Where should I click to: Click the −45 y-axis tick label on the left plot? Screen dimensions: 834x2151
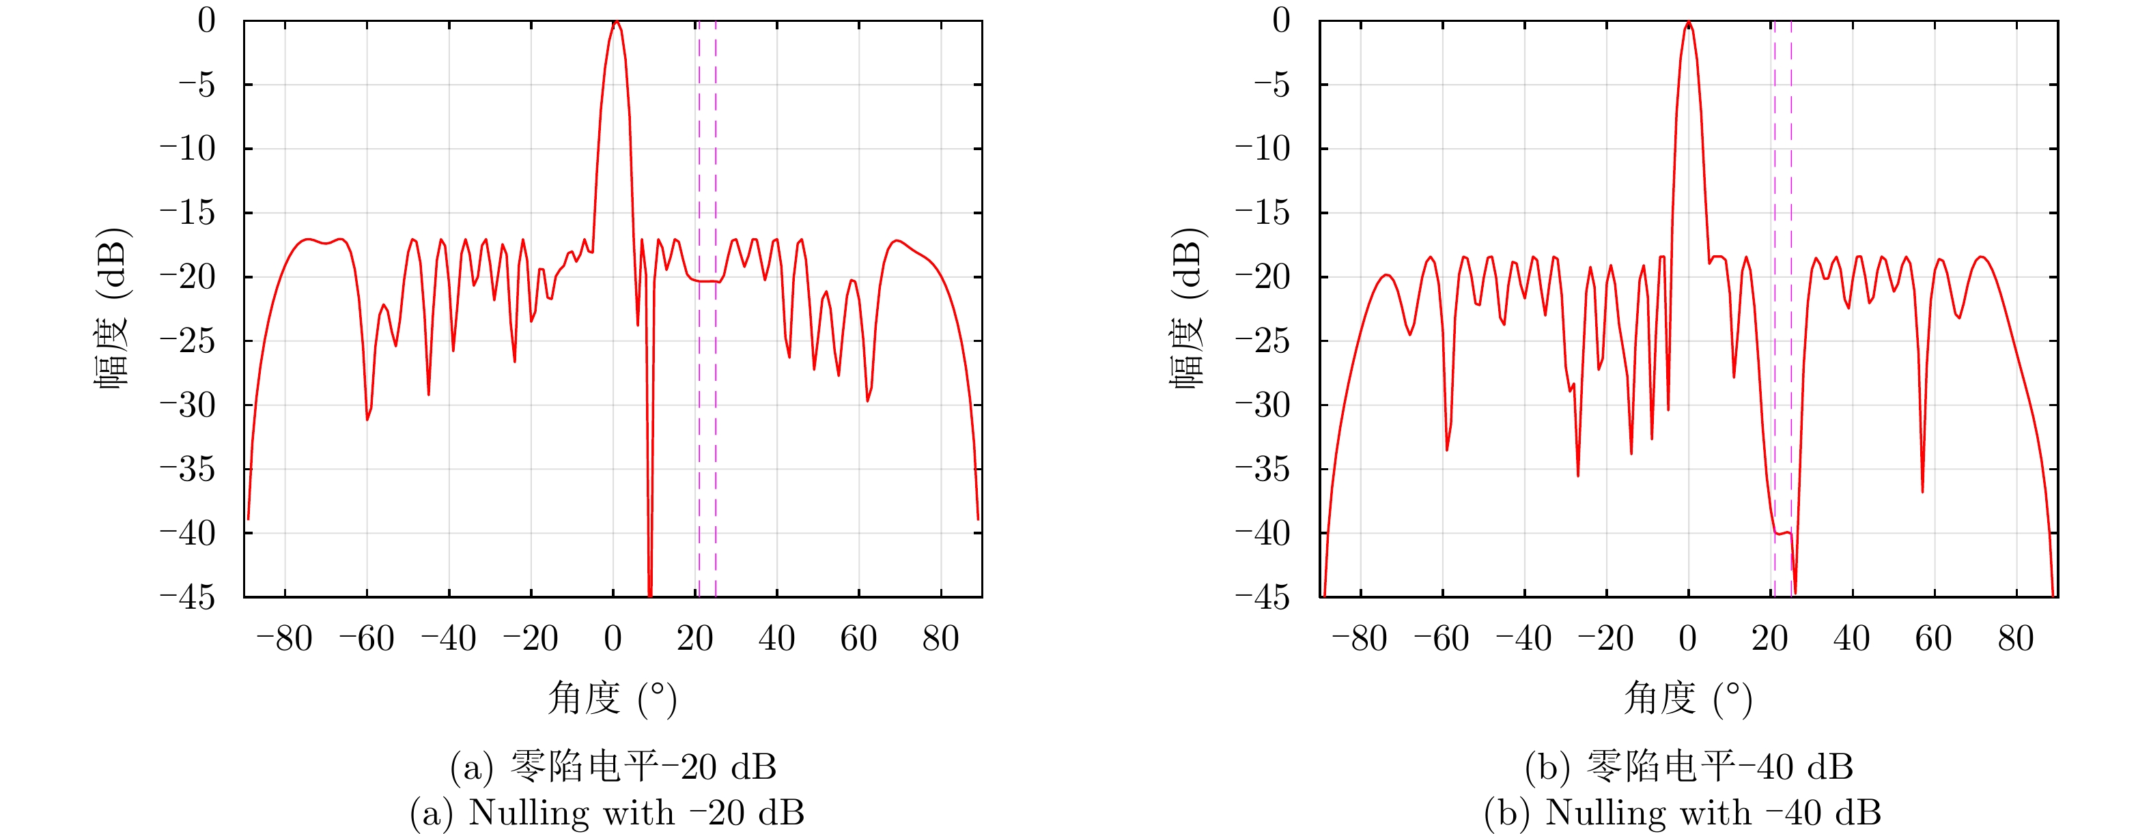coord(187,598)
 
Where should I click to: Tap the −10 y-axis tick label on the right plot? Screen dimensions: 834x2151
coord(1263,149)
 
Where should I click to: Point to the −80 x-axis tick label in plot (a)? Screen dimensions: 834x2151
coord(284,639)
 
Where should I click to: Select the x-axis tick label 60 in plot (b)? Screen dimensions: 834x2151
coord(1933,639)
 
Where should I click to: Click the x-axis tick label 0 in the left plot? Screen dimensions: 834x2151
coord(613,639)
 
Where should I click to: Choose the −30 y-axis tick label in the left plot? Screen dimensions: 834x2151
coord(187,405)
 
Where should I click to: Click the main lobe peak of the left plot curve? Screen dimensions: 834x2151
coord(615,23)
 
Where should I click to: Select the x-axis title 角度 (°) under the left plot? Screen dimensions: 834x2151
coord(612,699)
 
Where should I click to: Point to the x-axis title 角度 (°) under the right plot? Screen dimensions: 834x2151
coord(1687,699)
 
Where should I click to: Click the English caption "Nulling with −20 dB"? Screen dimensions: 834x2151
coord(607,813)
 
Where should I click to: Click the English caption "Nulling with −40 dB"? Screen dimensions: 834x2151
coord(1683,813)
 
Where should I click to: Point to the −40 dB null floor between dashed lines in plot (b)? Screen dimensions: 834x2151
coord(1783,532)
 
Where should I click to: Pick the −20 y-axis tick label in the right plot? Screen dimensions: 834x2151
coord(1263,277)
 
